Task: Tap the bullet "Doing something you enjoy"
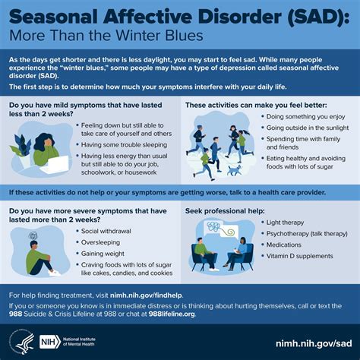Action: click(x=305, y=117)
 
